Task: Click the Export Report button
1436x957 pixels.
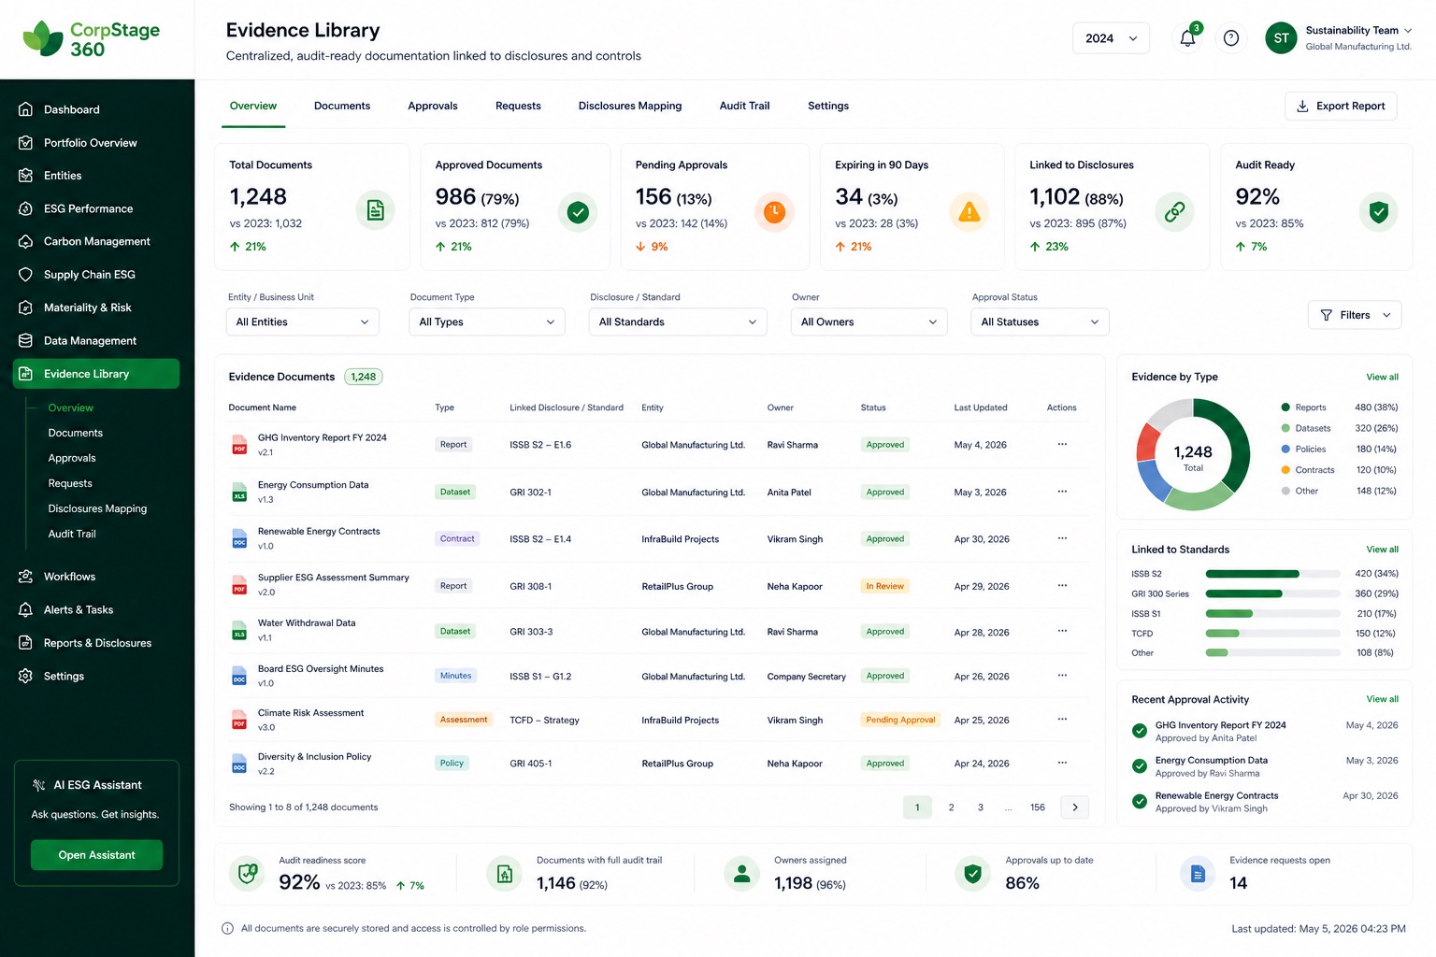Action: click(1341, 106)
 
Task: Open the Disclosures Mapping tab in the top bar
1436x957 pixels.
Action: click(629, 106)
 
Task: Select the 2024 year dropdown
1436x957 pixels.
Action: click(1111, 38)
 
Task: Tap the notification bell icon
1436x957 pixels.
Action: click(1187, 38)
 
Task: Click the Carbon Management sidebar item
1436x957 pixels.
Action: click(97, 241)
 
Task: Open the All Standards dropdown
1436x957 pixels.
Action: click(677, 321)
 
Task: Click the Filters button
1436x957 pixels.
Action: click(1355, 315)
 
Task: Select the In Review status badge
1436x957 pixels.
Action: click(884, 586)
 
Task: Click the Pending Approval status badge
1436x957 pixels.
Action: click(900, 720)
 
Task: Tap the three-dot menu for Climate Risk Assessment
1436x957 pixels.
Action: click(1062, 720)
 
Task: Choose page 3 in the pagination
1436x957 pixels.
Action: click(980, 807)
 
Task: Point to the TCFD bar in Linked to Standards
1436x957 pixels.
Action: click(1222, 634)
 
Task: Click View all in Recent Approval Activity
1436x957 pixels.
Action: click(1382, 699)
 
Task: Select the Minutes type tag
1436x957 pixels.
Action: click(456, 676)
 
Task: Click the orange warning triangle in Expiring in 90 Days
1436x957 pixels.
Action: click(969, 211)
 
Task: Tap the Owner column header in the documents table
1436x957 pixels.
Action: click(781, 407)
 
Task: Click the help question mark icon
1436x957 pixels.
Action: click(1231, 38)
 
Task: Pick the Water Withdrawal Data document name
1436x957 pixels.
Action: click(307, 623)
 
